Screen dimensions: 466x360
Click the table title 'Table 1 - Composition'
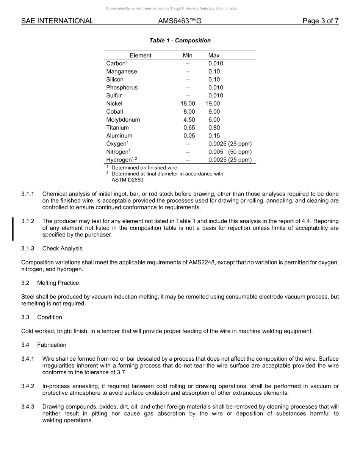180,41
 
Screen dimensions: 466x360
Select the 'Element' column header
140,55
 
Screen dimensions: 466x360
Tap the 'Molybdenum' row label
123,120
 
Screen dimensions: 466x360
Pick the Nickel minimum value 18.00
188,103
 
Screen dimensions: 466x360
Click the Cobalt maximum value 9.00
214,112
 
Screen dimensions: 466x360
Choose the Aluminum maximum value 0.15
214,136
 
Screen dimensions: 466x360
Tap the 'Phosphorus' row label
122,88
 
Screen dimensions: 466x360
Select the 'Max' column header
214,55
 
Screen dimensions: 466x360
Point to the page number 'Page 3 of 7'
320,21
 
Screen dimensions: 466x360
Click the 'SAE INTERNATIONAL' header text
57,21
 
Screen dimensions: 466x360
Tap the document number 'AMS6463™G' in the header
180,21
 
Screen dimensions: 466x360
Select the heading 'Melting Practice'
58,283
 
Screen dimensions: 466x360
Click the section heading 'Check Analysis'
62,249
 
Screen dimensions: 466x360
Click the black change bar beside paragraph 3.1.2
13,229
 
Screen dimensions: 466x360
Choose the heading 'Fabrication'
52,345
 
